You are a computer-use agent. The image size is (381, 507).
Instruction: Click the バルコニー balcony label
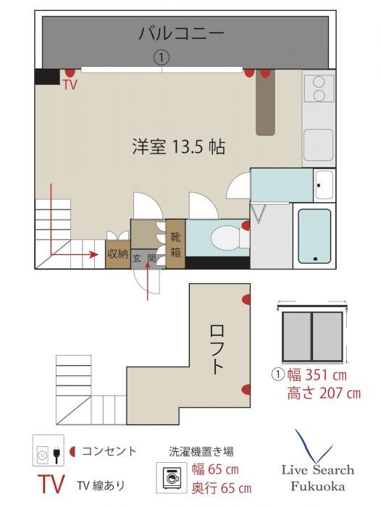click(x=180, y=33)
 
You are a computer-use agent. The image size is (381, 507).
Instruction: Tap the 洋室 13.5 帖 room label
click(x=178, y=147)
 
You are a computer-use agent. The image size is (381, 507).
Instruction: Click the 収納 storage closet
click(x=117, y=253)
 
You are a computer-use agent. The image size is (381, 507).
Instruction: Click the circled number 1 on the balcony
click(x=162, y=56)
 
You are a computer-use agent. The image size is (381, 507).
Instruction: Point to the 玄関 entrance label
click(x=143, y=258)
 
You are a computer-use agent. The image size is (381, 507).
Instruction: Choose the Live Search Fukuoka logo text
click(x=314, y=477)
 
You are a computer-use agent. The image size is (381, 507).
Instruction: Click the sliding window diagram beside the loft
click(x=313, y=334)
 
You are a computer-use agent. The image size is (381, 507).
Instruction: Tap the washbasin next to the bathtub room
click(x=323, y=185)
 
